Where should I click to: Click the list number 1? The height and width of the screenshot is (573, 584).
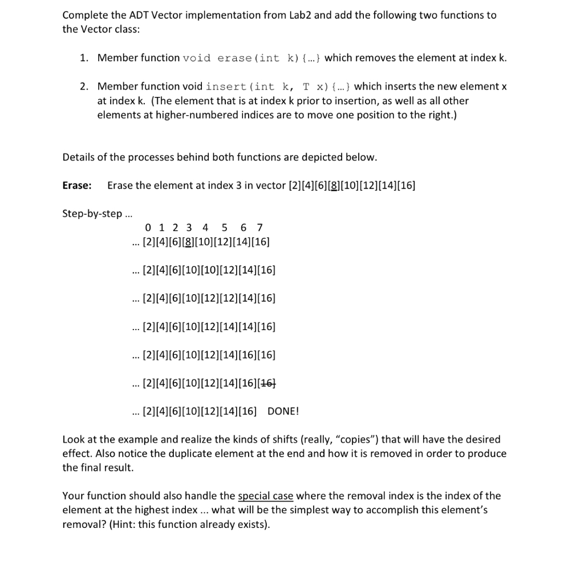pos(83,58)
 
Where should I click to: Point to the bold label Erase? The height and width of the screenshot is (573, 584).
pos(77,185)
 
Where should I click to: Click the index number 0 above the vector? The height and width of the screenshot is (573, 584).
pos(148,228)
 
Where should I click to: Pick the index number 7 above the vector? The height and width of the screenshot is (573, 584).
pos(260,228)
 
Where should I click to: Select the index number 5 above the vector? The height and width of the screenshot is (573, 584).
pos(225,228)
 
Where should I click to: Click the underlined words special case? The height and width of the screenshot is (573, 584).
pos(265,496)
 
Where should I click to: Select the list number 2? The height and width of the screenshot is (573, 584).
pos(83,87)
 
